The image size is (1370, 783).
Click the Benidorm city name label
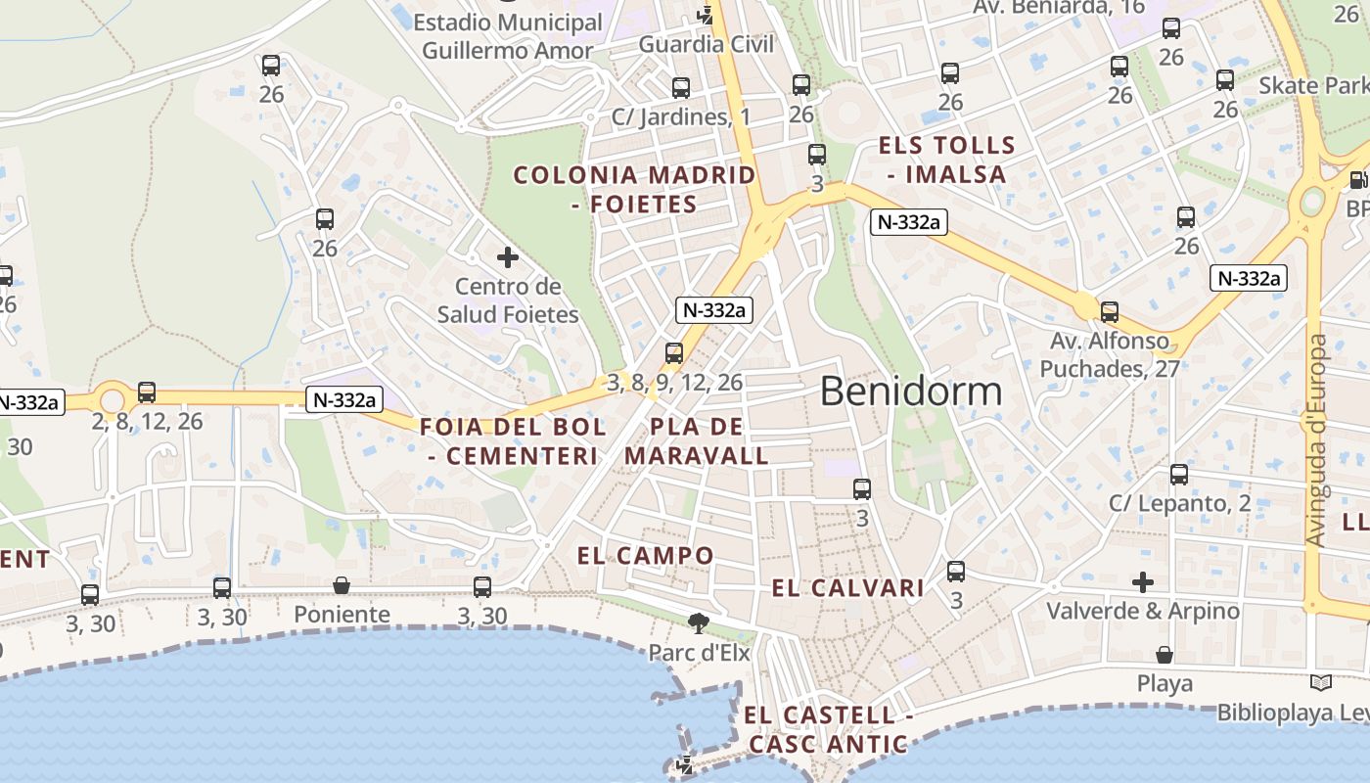(911, 391)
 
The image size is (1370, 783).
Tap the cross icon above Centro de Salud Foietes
(508, 257)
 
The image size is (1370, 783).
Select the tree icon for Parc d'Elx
(699, 622)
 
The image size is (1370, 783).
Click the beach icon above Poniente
(342, 585)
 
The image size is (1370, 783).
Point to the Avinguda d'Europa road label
(1317, 440)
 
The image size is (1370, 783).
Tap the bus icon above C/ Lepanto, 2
(1179, 475)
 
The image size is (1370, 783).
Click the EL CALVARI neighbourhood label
(847, 588)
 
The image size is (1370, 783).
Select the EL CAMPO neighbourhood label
(646, 556)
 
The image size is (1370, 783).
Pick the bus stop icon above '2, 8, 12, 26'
(147, 392)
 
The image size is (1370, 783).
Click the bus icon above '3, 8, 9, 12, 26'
(674, 353)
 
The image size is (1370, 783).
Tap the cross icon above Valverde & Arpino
(1142, 582)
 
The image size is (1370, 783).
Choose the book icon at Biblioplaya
(1321, 683)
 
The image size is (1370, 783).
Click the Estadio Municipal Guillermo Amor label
(508, 36)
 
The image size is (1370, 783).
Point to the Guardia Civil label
(707, 44)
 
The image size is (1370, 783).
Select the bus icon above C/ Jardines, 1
(681, 88)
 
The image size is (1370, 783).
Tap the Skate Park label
(1313, 85)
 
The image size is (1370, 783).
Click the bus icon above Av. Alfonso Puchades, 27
(1110, 312)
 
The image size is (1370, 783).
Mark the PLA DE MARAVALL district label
(697, 441)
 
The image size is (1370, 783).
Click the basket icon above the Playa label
(1164, 654)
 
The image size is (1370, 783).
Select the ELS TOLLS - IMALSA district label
(946, 161)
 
